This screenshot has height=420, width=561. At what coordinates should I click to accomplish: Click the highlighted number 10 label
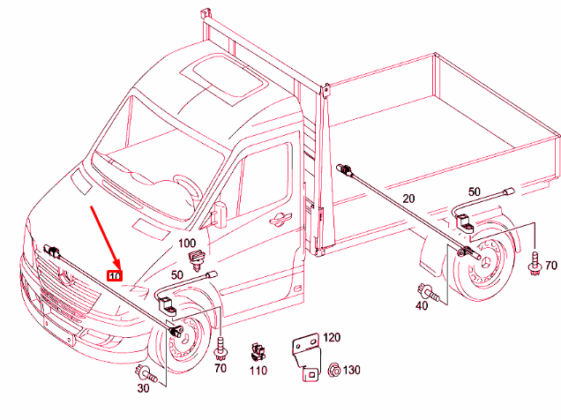(x=114, y=275)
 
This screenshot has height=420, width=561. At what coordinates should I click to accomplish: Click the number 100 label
(x=188, y=243)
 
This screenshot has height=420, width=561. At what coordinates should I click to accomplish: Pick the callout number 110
(x=258, y=371)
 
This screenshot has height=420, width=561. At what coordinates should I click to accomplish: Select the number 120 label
(x=331, y=338)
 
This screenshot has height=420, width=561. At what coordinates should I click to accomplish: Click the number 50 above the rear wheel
(x=475, y=191)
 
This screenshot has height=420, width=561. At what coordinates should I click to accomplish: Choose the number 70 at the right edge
(x=551, y=266)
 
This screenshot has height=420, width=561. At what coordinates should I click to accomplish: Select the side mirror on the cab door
(x=216, y=214)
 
